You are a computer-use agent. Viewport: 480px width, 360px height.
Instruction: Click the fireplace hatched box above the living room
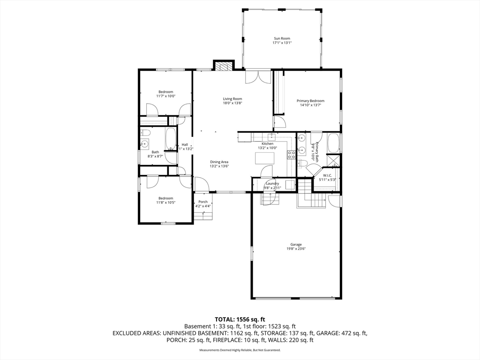224,66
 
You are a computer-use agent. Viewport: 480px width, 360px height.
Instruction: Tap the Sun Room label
282,38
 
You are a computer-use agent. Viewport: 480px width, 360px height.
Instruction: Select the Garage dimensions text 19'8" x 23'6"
296,249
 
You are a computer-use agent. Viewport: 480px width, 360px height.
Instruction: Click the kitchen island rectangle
265,158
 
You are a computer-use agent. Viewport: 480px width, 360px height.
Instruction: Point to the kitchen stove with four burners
291,155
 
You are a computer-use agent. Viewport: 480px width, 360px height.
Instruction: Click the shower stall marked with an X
334,160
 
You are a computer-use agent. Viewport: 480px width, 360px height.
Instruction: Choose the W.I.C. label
328,175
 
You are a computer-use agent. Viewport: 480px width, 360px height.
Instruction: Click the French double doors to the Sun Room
258,76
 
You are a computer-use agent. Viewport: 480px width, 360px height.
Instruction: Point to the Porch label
203,202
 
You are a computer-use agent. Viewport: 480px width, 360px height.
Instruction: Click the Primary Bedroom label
310,101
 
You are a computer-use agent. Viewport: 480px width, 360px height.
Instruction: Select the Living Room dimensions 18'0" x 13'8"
232,103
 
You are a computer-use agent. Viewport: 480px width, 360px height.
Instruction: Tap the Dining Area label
219,162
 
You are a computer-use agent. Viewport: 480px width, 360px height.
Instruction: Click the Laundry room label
272,183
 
